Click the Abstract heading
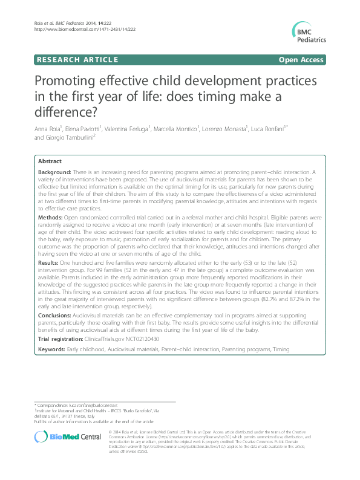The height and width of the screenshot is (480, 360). click(x=50, y=162)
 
